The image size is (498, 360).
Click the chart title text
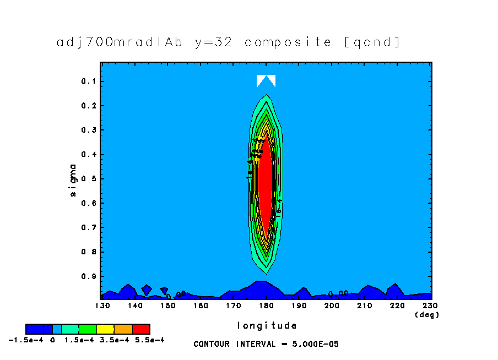coord(229,42)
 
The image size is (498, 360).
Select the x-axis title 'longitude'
coord(267,325)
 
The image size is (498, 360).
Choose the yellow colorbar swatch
coord(105,329)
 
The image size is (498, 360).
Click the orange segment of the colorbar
coord(123,329)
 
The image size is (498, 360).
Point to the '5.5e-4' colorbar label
coord(150,340)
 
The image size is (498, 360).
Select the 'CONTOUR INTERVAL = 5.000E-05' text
coord(266,344)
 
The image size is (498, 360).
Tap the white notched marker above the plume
coord(266,80)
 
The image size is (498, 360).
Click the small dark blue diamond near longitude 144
coord(147,290)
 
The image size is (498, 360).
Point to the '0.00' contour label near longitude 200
coord(338,294)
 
